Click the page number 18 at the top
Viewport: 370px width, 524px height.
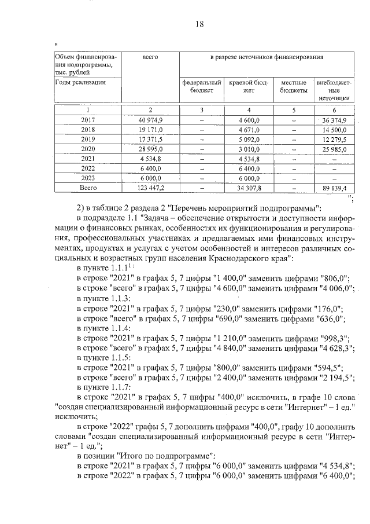pos(199,24)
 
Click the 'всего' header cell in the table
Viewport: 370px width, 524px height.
pos(150,58)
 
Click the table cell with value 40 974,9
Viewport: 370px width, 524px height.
pos(150,119)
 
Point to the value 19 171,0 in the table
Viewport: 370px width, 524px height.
pos(150,129)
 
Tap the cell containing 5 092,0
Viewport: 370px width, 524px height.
pos(249,139)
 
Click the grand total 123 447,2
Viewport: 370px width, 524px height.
pos(150,188)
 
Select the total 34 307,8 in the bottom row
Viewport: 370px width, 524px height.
pos(249,188)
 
